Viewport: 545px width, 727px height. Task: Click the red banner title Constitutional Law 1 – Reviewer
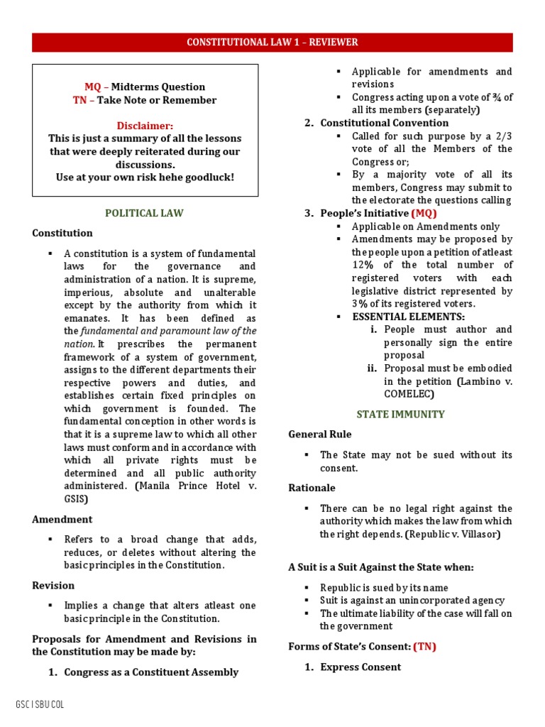272,43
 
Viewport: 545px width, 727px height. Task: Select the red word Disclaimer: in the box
145,126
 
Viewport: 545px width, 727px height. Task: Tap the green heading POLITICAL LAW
144,213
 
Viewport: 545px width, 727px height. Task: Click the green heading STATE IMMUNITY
400,414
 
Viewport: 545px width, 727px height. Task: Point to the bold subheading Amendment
62,520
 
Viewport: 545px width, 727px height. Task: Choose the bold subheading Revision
53,586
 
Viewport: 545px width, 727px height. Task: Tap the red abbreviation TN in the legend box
79,100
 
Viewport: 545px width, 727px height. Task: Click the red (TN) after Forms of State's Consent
424,646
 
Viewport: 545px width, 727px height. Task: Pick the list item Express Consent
360,667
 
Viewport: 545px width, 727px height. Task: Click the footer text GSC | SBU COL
40,704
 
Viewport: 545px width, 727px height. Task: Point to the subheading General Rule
320,434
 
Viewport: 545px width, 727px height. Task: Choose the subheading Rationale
312,488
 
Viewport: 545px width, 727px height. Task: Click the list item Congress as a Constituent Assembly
151,672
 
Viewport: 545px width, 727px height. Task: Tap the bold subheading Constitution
62,233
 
